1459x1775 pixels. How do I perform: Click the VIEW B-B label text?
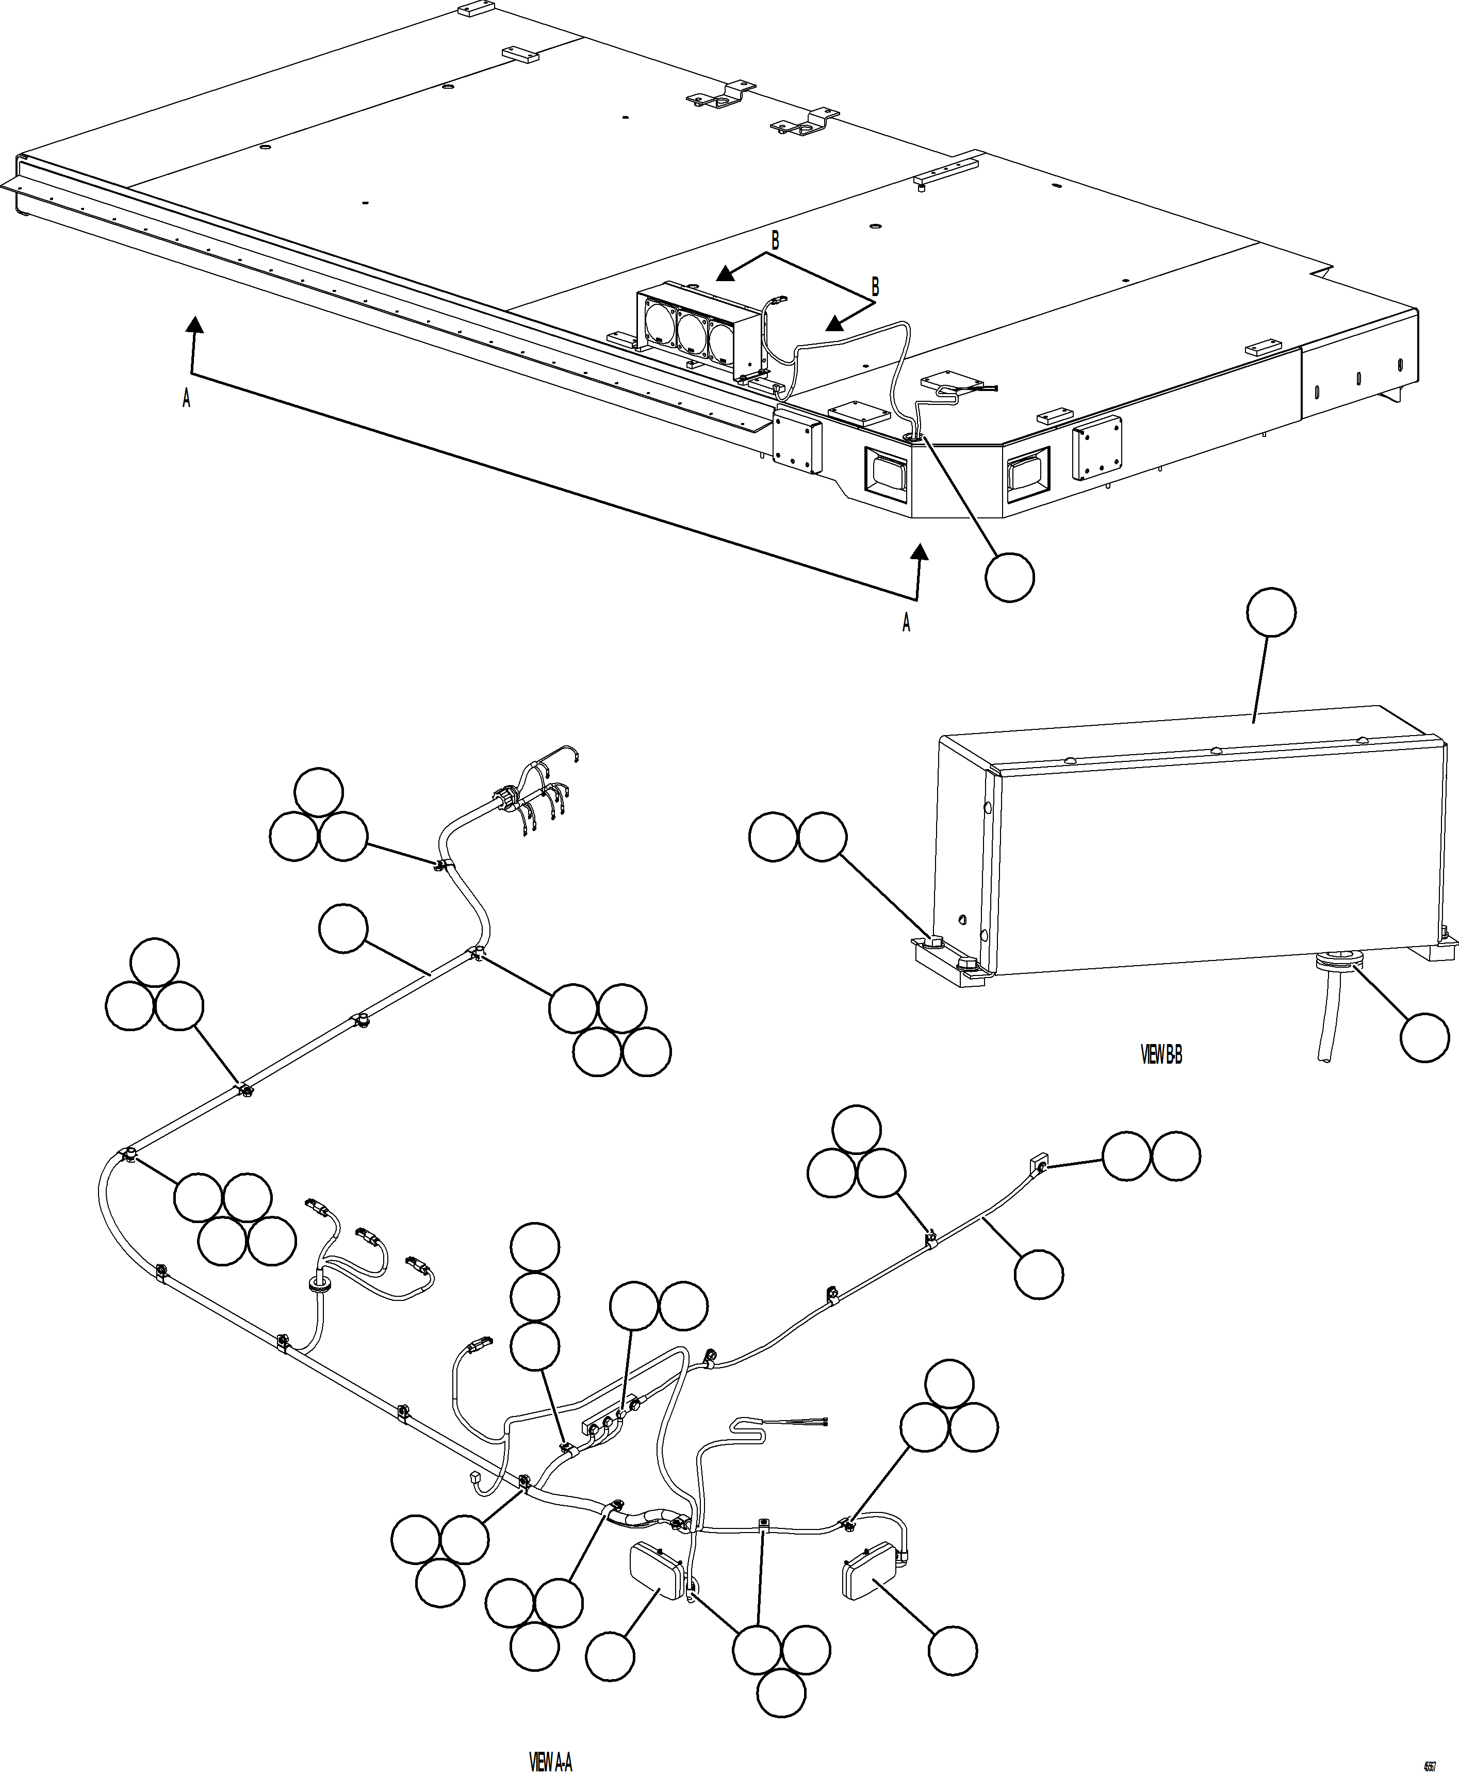(1161, 1055)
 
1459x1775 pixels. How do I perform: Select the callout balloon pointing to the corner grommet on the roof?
(1009, 577)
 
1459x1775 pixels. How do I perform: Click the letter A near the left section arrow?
(187, 398)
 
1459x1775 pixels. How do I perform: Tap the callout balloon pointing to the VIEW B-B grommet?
(1424, 1037)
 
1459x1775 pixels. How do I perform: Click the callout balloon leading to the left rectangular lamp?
(610, 1656)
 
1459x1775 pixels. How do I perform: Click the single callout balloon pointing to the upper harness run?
(344, 928)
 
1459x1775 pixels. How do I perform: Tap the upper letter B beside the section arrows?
(775, 241)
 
